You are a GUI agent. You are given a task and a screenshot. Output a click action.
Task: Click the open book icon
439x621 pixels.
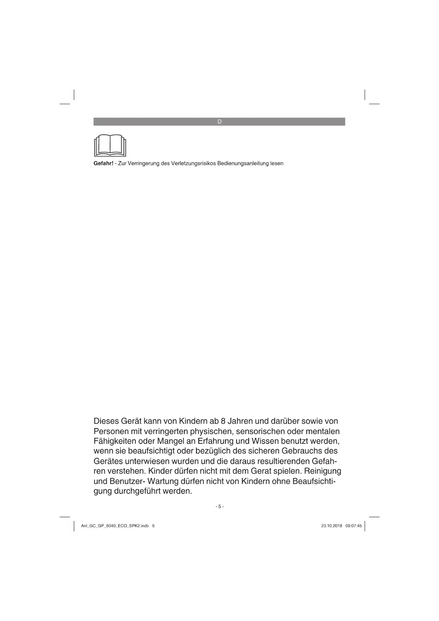110,145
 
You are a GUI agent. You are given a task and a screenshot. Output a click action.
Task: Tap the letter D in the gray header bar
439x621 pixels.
219,122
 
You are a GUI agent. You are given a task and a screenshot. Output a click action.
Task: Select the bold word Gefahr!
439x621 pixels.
103,164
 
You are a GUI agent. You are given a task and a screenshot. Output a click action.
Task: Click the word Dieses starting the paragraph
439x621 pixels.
106,421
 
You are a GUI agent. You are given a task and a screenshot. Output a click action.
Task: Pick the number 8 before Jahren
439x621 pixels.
223,421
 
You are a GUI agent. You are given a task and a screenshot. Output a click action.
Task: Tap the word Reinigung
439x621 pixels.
322,472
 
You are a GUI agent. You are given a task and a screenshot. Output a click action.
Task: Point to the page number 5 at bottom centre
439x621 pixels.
219,507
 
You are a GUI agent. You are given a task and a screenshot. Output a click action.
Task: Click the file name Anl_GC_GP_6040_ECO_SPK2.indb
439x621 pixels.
115,526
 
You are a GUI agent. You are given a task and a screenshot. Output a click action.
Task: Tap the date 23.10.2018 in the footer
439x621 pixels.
331,526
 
